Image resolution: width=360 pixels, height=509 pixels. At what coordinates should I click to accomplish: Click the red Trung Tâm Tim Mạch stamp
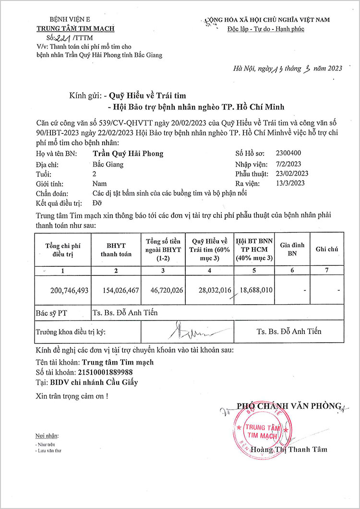click(x=261, y=425)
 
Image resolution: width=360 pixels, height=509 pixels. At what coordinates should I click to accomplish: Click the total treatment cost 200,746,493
click(x=69, y=290)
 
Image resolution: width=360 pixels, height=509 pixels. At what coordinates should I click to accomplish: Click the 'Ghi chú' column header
click(x=327, y=249)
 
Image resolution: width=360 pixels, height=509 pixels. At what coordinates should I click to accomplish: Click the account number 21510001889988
click(x=105, y=372)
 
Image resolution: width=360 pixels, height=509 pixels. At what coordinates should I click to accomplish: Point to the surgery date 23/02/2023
click(x=292, y=174)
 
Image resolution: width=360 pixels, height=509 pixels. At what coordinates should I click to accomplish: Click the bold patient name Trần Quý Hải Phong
click(x=127, y=154)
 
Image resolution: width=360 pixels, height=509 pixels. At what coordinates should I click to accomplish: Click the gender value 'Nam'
click(x=99, y=183)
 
